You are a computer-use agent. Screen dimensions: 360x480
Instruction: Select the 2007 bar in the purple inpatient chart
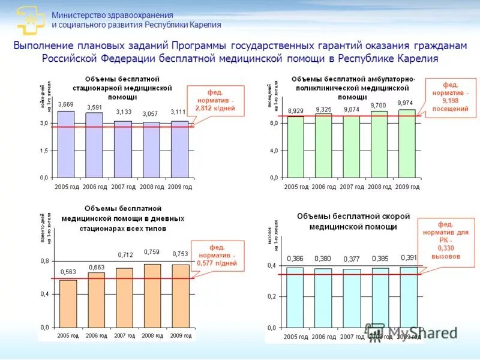123,149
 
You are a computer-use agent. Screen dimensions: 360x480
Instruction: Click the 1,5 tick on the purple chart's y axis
44,151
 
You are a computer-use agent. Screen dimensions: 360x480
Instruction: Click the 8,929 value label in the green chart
296,111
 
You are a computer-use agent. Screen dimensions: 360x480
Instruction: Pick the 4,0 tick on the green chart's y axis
274,151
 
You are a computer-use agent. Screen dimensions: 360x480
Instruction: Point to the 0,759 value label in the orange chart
151,253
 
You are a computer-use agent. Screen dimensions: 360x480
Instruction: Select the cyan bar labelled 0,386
295,298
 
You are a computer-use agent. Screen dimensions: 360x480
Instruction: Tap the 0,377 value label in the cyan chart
352,259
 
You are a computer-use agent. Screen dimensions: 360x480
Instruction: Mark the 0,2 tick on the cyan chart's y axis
272,296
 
